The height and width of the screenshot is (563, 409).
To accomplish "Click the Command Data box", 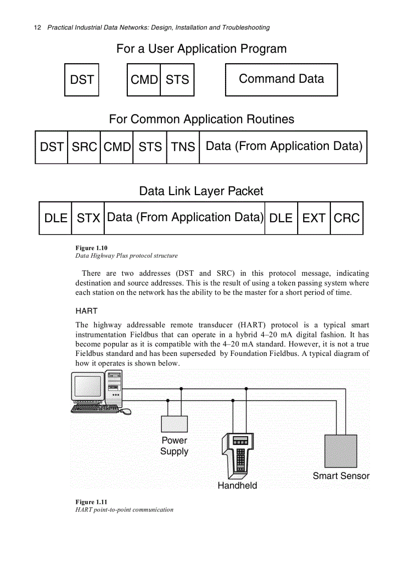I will tap(281, 79).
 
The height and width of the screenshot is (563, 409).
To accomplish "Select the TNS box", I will tap(183, 147).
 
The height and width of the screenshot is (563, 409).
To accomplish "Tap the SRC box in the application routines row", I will tap(84, 147).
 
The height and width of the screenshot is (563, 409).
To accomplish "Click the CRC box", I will tap(346, 218).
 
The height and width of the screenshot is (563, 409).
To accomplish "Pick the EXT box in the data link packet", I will tap(314, 218).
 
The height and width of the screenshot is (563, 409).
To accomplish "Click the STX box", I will tap(88, 218).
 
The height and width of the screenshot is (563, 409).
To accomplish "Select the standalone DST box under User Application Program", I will tap(82, 79).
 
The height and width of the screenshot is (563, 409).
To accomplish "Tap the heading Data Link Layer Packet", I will tap(201, 191).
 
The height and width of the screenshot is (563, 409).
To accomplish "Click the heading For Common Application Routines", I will tap(201, 119).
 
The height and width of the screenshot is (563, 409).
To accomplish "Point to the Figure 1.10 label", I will tap(91, 248).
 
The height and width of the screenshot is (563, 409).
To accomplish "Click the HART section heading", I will tap(86, 311).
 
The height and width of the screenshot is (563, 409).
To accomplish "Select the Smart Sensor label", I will tap(341, 476).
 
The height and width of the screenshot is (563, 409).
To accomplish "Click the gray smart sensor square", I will tap(341, 451).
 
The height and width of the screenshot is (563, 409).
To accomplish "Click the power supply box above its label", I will tap(174, 424).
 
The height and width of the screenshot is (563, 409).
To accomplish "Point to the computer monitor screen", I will tap(88, 387).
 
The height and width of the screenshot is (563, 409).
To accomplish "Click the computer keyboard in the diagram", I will tap(95, 409).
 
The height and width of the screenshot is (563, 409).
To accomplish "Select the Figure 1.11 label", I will tap(91, 502).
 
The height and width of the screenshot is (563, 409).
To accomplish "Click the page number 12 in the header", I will tap(37, 28).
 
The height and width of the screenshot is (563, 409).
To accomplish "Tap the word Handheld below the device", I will tap(237, 485).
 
